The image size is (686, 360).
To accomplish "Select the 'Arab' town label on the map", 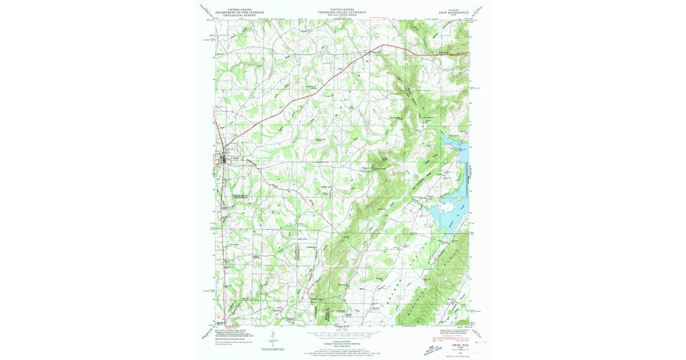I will pos(235,155).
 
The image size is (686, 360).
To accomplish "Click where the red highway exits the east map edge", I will pos(469,54).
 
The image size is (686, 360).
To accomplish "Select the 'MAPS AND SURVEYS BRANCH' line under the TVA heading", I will pos(342,15).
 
